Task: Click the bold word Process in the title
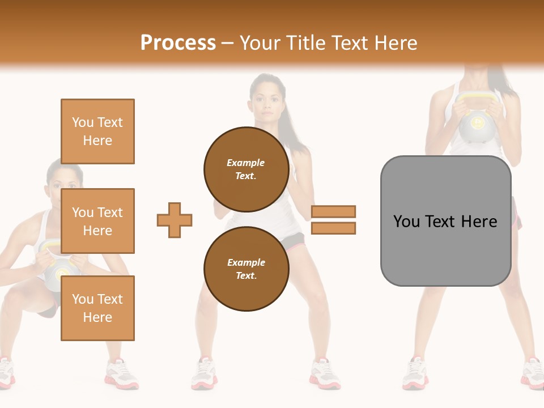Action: point(178,42)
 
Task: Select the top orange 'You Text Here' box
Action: point(97,131)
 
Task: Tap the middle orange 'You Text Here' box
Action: point(97,221)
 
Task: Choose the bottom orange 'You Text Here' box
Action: point(97,308)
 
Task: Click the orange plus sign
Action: point(175,220)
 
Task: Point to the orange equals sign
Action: point(333,220)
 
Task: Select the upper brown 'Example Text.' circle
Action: point(246,169)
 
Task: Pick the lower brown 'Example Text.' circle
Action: point(246,269)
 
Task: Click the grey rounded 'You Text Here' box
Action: point(445,221)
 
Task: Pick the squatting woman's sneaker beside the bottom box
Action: point(121,374)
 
